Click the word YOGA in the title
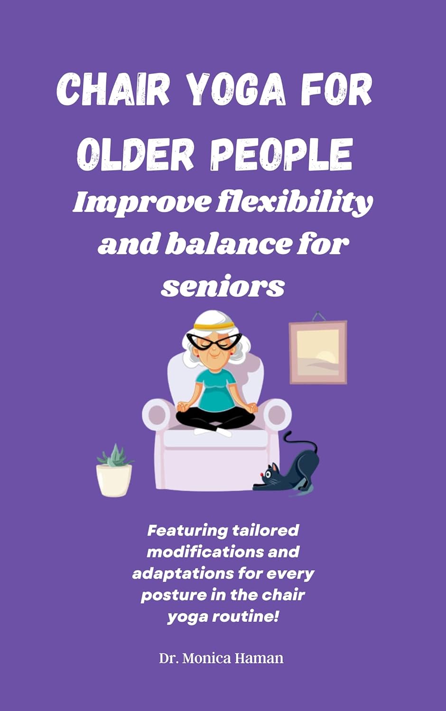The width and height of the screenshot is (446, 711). [x=236, y=90]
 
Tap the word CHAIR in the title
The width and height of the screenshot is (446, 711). [x=113, y=90]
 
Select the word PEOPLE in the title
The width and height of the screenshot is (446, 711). [x=281, y=154]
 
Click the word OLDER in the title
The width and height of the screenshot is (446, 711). [x=136, y=154]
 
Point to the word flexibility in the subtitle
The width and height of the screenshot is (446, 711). [x=295, y=203]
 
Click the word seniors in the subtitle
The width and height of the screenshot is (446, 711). [x=223, y=286]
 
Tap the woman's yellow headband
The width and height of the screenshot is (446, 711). [x=214, y=326]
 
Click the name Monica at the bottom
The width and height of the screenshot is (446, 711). [x=206, y=658]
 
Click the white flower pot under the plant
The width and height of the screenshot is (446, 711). [x=114, y=480]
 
